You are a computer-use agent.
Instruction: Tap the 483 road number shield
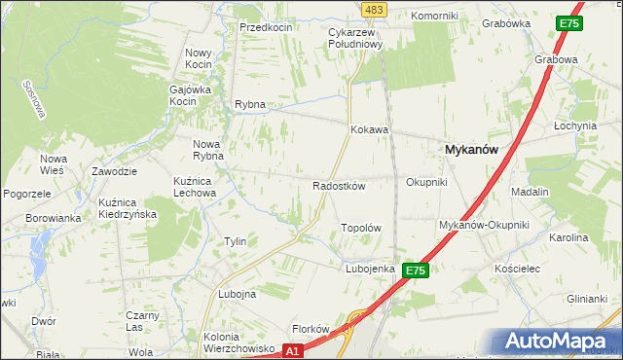(x=373, y=9)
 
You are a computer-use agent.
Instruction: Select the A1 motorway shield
(x=293, y=349)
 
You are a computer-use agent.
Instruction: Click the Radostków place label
(x=338, y=185)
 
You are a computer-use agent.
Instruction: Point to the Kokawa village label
(x=370, y=129)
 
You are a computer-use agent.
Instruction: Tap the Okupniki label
(x=426, y=182)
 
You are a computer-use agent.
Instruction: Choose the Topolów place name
(x=360, y=228)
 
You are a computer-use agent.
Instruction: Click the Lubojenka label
(x=369, y=269)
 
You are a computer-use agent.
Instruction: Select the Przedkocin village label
(x=267, y=27)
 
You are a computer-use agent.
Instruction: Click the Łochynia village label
(x=574, y=126)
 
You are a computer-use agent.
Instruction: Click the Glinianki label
(x=587, y=300)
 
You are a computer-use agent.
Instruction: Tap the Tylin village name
(x=235, y=241)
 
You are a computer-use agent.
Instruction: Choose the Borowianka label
(x=54, y=218)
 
